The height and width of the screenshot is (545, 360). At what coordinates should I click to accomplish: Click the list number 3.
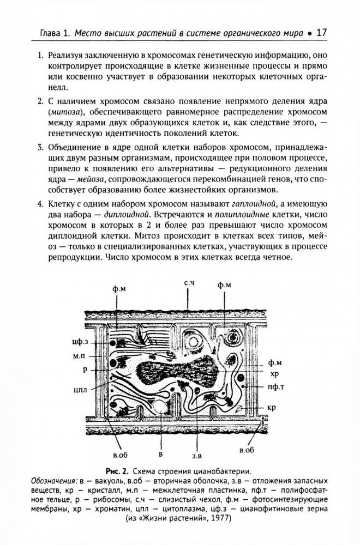coord(39,147)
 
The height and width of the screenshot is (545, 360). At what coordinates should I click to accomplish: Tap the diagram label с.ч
coord(189,282)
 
